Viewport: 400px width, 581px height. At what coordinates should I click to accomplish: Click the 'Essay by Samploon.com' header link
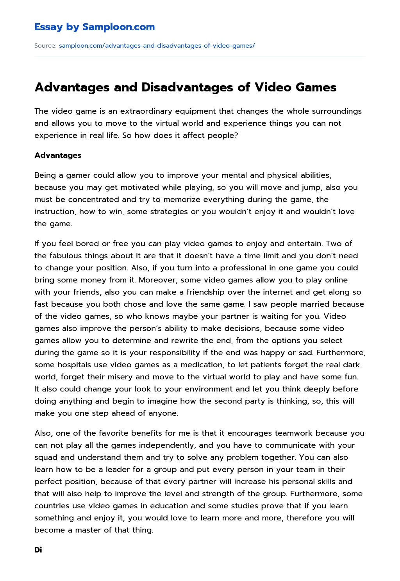click(x=94, y=27)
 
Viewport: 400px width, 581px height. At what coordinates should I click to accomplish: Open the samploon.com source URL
click(x=157, y=46)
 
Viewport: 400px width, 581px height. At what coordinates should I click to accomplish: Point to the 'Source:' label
click(x=45, y=46)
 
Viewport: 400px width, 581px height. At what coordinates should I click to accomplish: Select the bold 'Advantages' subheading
click(x=58, y=156)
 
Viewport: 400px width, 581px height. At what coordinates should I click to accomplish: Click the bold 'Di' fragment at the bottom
click(x=38, y=550)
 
